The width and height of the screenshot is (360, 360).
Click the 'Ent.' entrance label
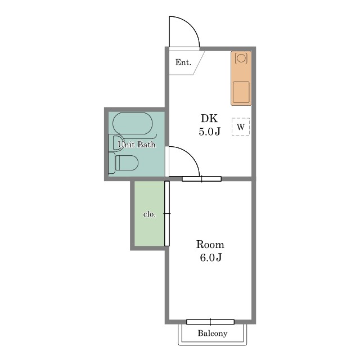[183, 62]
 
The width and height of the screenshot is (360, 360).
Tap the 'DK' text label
[209, 118]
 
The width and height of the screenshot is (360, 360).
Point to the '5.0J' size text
[209, 132]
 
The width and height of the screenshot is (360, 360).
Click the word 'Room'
[210, 245]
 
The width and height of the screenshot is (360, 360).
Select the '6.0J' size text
[210, 258]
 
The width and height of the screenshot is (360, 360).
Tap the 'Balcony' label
[213, 333]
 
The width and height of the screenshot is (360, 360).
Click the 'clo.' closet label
[150, 214]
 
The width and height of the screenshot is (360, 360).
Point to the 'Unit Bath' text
[137, 145]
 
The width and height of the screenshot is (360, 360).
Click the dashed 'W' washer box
[241, 127]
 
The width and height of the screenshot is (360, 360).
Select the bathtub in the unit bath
[133, 123]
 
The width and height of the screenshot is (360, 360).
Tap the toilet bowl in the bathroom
[127, 163]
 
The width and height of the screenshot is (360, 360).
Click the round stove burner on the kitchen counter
[241, 57]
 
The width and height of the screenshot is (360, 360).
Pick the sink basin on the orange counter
[241, 92]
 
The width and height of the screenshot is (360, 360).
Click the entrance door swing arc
[190, 25]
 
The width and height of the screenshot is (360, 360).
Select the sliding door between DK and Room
[201, 179]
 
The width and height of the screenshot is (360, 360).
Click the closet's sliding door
[167, 214]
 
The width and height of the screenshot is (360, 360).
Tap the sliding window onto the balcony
[210, 322]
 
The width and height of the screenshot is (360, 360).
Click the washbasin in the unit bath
[118, 143]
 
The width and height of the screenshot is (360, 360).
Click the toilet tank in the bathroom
[112, 163]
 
